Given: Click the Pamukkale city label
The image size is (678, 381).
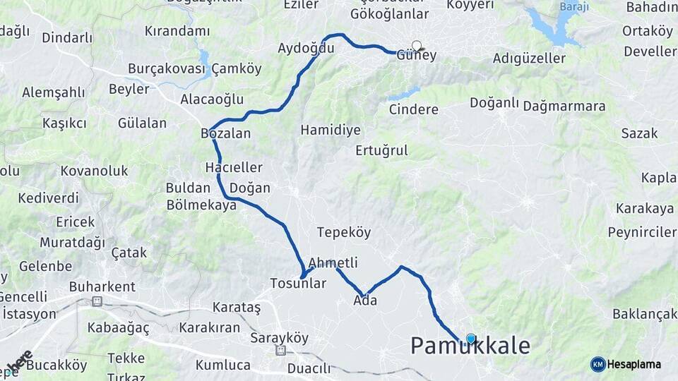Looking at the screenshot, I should click(470, 346).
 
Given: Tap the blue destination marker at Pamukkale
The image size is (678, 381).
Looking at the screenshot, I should click(471, 339).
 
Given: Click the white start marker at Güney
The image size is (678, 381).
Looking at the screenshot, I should click(417, 47).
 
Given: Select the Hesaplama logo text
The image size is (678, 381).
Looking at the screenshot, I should click(634, 365).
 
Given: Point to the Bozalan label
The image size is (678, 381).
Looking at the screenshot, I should click(226, 133).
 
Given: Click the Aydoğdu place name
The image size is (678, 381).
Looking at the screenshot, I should click(306, 49).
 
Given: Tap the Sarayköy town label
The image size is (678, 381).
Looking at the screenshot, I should click(280, 339).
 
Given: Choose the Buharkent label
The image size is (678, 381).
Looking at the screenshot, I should click(102, 287).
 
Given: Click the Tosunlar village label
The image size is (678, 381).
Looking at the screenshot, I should click(298, 284).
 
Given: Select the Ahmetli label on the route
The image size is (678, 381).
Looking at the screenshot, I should click(333, 263).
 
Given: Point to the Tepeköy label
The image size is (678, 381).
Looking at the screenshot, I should click(344, 233).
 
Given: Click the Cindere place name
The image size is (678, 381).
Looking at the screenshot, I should click(414, 109).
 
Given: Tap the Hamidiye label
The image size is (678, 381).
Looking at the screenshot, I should click(331, 131).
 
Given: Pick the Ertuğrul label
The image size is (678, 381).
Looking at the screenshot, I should click(381, 150).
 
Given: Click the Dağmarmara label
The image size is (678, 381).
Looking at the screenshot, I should click(564, 107).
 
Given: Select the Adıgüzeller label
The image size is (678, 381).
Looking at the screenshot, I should click(529, 59).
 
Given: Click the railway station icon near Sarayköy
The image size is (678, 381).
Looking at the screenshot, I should click(281, 351).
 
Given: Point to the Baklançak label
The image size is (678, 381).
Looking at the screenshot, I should click(645, 314).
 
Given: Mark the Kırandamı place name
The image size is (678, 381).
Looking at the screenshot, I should click(177, 31).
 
